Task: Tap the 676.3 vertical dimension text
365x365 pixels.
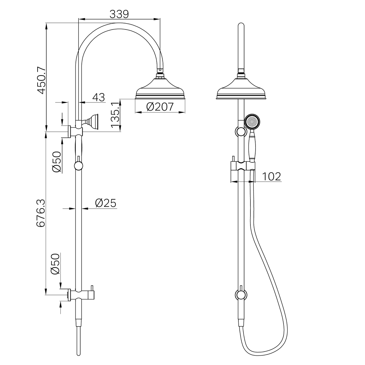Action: click(x=41, y=213)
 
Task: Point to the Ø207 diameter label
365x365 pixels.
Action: click(x=160, y=106)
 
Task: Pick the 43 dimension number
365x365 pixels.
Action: click(x=98, y=97)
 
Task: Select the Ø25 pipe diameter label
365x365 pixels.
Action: click(x=106, y=203)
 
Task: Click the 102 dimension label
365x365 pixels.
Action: click(x=271, y=176)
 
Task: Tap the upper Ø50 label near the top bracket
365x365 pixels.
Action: click(x=57, y=161)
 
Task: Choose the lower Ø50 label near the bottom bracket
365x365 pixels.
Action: click(x=55, y=264)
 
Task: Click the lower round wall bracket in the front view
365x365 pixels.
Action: click(x=241, y=295)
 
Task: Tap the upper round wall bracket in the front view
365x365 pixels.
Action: click(x=241, y=132)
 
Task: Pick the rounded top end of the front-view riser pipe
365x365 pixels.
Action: click(x=241, y=26)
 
